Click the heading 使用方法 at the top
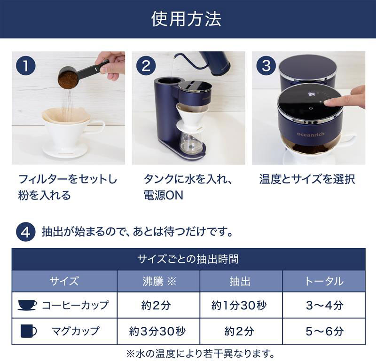click(187, 19)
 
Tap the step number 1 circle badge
click(25, 66)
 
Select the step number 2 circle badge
click(146, 66)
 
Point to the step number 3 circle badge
click(266, 66)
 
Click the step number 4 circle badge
click(25, 232)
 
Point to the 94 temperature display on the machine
click(311, 94)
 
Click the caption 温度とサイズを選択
click(307, 179)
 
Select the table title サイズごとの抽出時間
click(188, 259)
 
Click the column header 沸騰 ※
click(158, 281)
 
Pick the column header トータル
click(324, 281)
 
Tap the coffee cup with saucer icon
click(27, 305)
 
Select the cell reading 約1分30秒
click(241, 305)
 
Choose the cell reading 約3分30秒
click(158, 331)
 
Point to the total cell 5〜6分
click(324, 331)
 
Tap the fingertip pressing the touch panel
click(329, 101)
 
